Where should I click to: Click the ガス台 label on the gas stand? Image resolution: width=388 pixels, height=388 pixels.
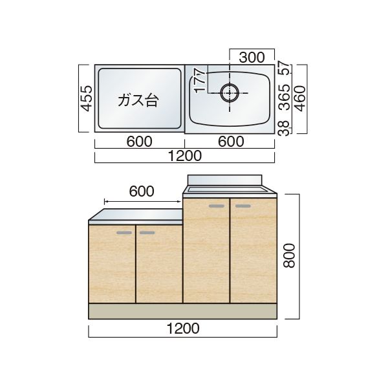138,100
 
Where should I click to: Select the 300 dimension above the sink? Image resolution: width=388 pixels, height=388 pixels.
252,58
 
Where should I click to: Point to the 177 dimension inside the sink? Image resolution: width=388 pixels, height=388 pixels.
199,81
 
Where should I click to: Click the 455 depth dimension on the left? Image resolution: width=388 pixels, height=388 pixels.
87,98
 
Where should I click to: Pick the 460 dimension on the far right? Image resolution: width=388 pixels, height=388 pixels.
301,98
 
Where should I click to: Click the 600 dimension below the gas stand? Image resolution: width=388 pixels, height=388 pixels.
139,142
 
